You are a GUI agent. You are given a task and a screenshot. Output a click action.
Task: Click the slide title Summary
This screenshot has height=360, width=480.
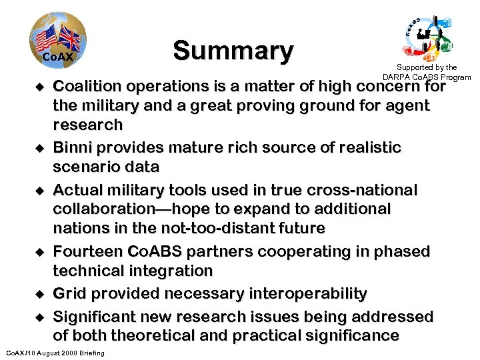(x=233, y=51)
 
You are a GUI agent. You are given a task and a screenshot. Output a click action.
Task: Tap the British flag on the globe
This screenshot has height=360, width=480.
(x=69, y=38)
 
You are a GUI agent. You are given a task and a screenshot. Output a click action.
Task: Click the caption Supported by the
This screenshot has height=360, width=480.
(x=427, y=67)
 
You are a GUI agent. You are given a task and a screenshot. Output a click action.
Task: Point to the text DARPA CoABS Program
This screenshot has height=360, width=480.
(x=427, y=77)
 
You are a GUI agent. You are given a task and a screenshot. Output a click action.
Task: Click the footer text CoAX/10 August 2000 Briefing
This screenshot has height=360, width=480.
(x=55, y=353)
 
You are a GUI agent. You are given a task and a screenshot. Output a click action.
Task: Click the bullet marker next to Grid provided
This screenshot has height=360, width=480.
(x=39, y=294)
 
